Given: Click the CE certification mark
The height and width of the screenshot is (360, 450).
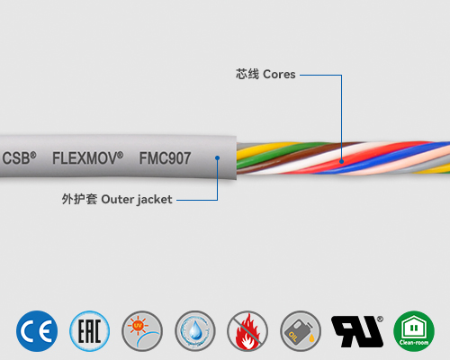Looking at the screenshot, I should coord(37,330).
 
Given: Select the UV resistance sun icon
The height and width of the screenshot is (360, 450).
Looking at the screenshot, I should coord(142,330).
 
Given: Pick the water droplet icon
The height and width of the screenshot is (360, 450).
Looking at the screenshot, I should coord(195,330).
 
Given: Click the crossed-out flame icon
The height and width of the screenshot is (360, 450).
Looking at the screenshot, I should coord(247,330).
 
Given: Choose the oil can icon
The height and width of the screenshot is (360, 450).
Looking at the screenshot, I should coord(301,330).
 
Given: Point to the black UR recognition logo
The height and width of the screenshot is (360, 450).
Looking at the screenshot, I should coord(355,330).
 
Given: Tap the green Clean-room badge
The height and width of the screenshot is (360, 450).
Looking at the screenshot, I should coord(414,330).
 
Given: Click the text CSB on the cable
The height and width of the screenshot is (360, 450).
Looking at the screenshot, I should coord(17,157).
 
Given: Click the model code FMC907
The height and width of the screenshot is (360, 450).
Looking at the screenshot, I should coord(165,157).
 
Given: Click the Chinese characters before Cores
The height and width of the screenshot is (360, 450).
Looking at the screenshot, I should coord(247,75).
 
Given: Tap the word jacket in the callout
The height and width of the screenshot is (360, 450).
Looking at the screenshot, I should coord(152,199).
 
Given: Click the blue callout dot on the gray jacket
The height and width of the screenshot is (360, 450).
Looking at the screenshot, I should coord(217,157).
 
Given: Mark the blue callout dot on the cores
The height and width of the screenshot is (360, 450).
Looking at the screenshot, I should coord(341,161).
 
